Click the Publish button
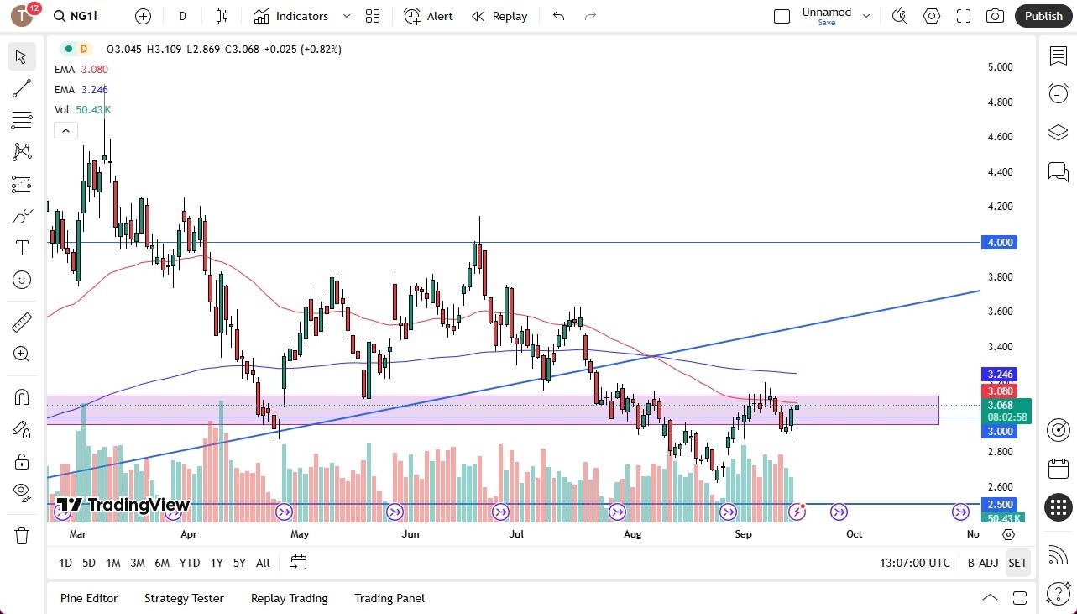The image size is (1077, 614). (x=1043, y=16)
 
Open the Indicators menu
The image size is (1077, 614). (x=292, y=16)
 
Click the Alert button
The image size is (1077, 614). (x=428, y=16)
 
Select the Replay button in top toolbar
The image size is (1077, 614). (x=499, y=16)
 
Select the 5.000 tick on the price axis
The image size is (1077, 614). (x=1000, y=67)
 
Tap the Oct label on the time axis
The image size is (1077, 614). (x=854, y=533)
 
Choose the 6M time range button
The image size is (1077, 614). (x=162, y=563)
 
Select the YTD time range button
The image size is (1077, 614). (x=190, y=563)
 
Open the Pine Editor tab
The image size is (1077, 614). (x=89, y=598)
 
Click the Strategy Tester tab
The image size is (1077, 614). (x=184, y=598)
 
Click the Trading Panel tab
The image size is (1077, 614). (x=389, y=598)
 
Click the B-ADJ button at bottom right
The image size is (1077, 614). (x=982, y=563)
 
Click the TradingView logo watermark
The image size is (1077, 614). (x=123, y=505)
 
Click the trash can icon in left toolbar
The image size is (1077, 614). (x=22, y=535)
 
